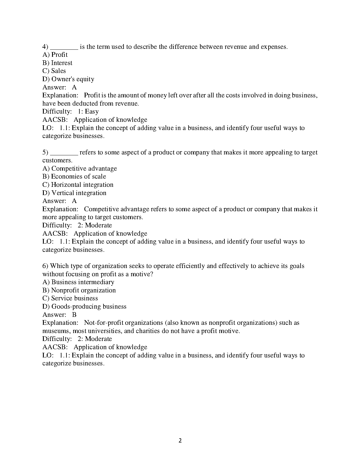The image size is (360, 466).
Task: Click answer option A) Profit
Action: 55,55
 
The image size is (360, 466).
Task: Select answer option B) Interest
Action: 57,63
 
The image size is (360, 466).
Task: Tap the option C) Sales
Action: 54,71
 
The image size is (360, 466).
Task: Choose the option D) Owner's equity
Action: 68,79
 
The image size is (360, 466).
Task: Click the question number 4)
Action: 45,47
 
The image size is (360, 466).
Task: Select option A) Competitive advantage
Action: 79,169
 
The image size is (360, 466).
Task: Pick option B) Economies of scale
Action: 74,177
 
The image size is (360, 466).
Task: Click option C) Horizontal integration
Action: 78,185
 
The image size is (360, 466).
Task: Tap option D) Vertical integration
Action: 74,193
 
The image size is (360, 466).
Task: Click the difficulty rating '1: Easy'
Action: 88,111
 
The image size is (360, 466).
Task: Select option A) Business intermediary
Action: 78,282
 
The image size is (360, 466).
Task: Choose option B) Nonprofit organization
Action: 79,290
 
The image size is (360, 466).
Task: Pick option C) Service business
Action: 70,298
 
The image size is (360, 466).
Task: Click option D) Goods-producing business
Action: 84,307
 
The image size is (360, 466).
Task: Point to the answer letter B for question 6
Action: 74,315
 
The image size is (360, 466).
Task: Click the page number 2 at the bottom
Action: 180,441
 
